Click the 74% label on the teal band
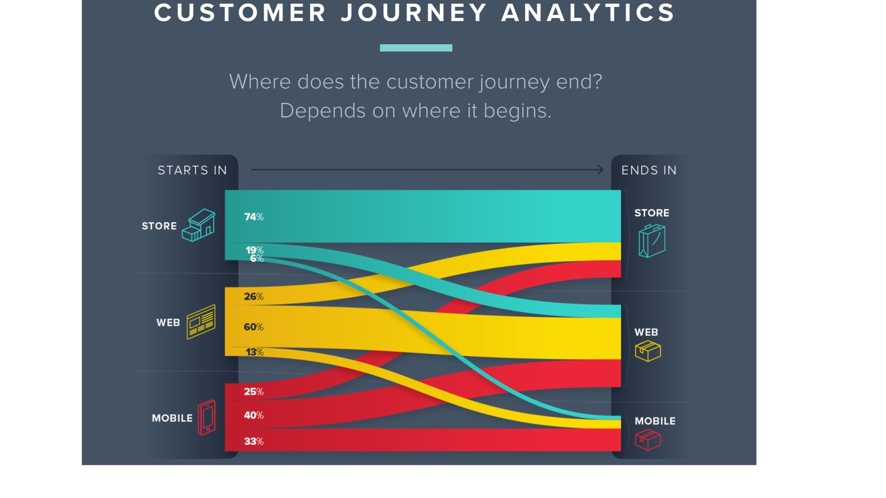(x=254, y=217)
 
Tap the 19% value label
(x=254, y=250)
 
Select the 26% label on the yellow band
(x=254, y=296)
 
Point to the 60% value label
(x=254, y=327)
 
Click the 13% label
(x=254, y=352)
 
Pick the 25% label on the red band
(x=254, y=391)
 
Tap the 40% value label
(x=254, y=415)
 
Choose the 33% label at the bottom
(x=254, y=441)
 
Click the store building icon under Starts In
(x=198, y=225)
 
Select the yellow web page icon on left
(x=201, y=322)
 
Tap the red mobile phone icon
(x=207, y=417)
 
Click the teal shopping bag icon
(x=652, y=241)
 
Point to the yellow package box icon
(x=648, y=351)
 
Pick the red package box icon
(x=648, y=439)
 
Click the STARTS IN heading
(x=192, y=170)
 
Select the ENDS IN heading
(x=649, y=170)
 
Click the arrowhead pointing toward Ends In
(x=600, y=170)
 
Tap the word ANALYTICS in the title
(x=588, y=12)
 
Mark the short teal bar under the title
(x=416, y=48)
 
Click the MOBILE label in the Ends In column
(x=655, y=421)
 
